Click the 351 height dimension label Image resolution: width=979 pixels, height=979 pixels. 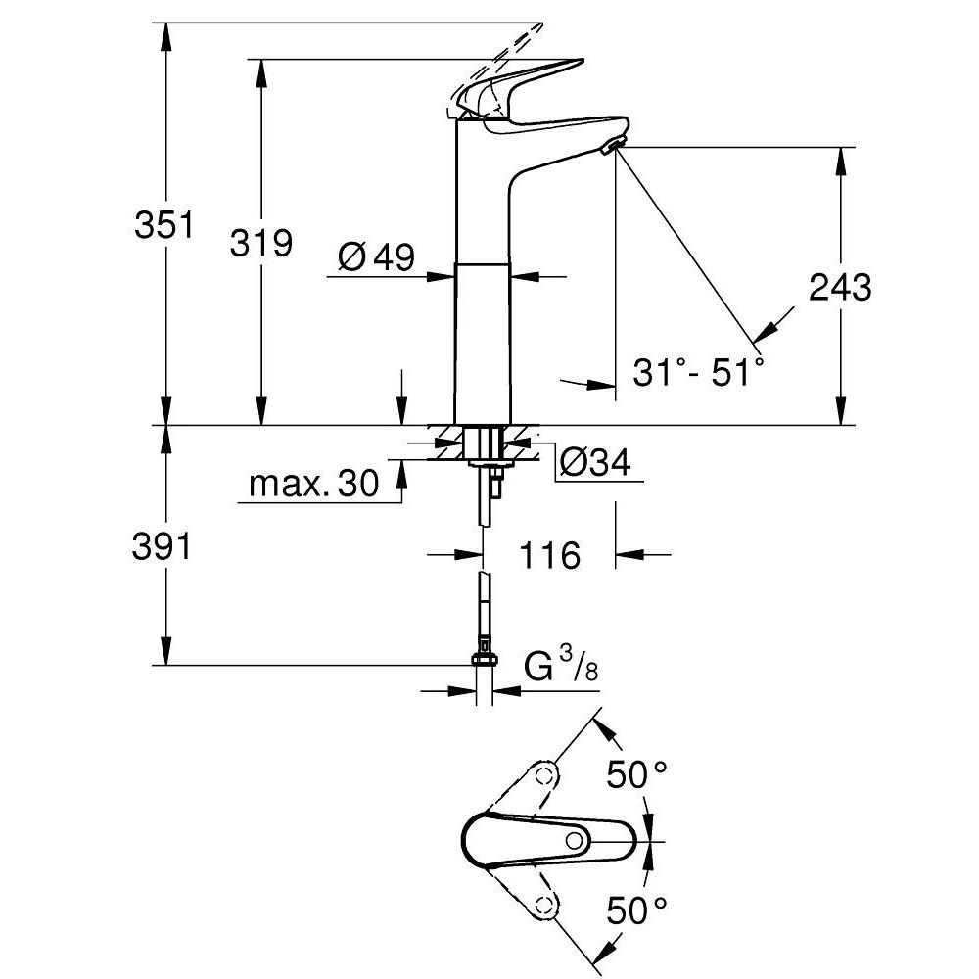[x=163, y=225]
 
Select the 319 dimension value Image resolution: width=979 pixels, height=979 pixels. [x=260, y=242]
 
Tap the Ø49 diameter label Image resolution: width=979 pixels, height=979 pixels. [x=377, y=257]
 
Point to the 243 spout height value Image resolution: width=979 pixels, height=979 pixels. [x=840, y=288]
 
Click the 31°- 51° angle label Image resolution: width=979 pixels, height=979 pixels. [x=697, y=372]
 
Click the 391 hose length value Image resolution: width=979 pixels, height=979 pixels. [x=163, y=548]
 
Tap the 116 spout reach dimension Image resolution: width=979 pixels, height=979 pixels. [x=548, y=556]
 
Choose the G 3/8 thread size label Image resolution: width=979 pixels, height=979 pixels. [x=562, y=668]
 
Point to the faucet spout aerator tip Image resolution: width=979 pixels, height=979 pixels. [x=612, y=148]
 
